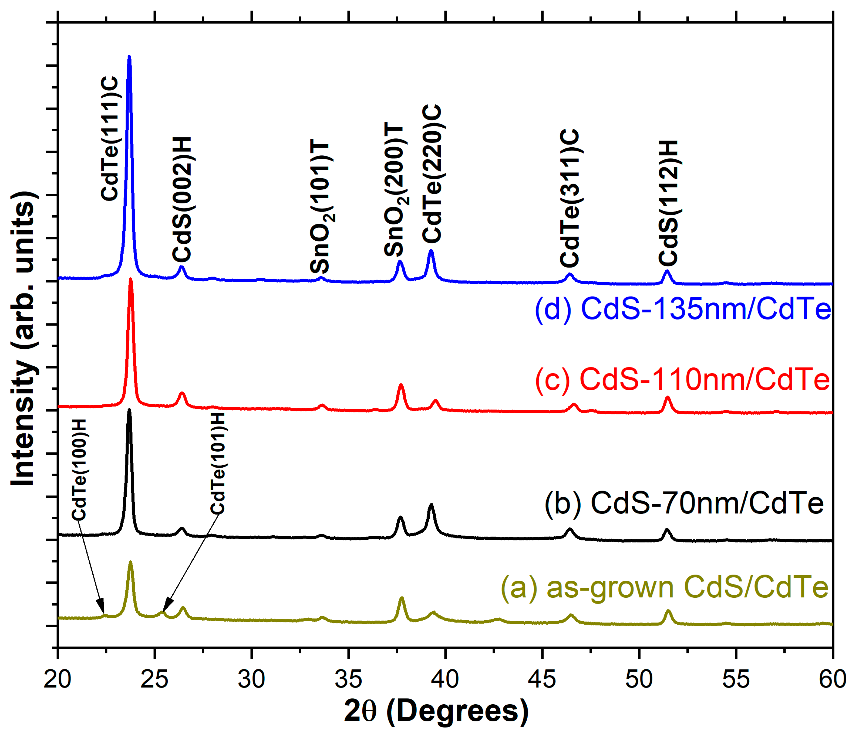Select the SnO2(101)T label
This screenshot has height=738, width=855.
(321, 208)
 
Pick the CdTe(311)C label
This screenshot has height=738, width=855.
(570, 198)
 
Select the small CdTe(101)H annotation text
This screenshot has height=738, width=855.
(217, 463)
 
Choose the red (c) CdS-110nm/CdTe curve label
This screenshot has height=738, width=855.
(682, 379)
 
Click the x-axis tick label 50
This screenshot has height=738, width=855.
(639, 679)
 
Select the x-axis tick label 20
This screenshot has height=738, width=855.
(57, 679)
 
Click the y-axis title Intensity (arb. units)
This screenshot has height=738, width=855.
(24, 339)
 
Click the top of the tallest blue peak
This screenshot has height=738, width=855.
(129, 57)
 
